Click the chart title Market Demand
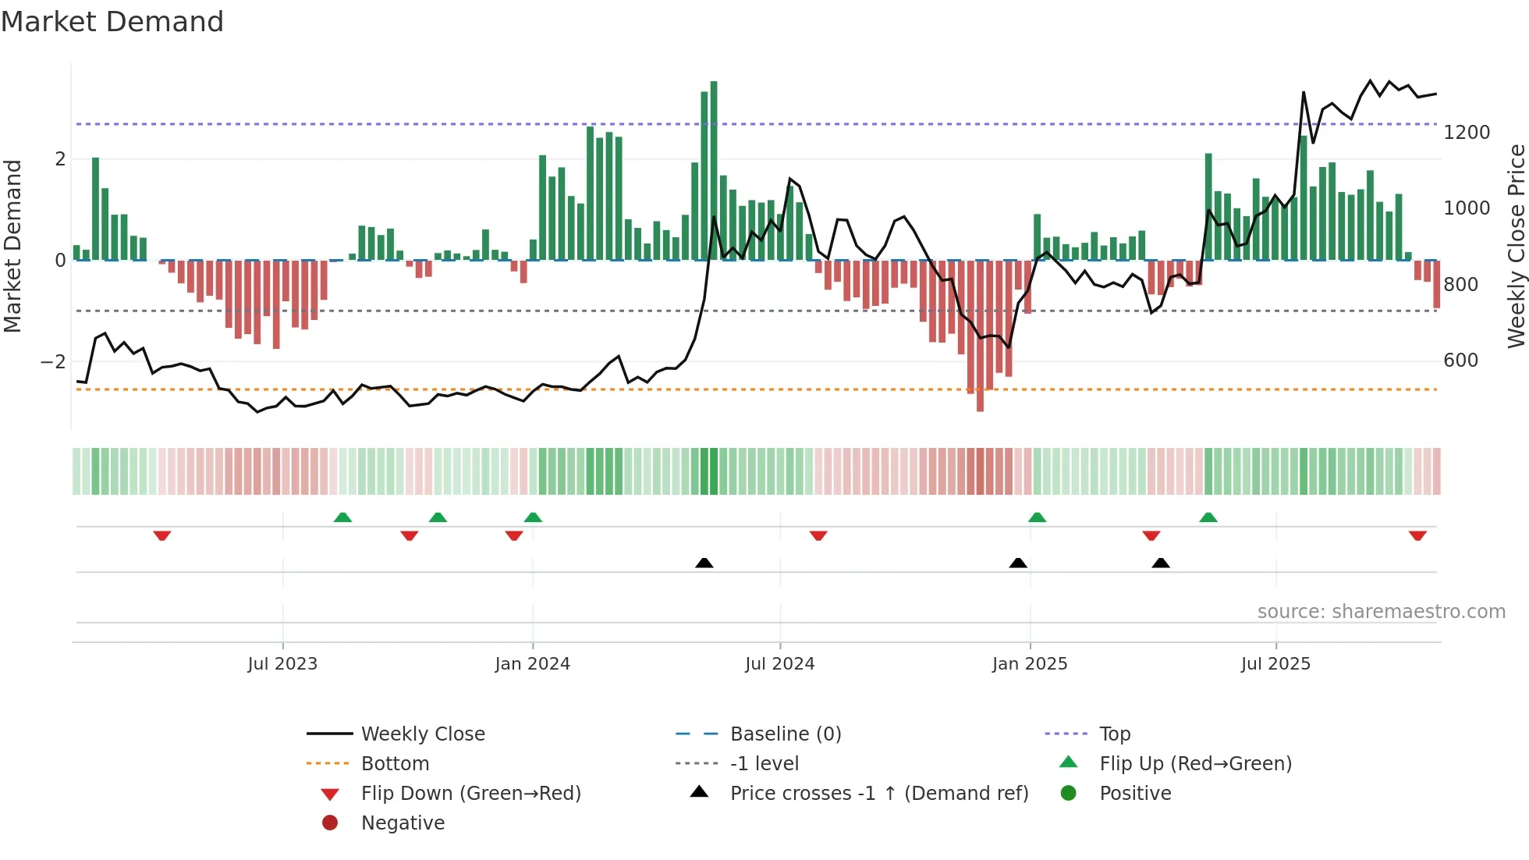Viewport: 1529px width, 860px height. (x=112, y=22)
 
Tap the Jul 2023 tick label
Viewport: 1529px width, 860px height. (x=282, y=664)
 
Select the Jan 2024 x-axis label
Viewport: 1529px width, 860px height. (x=533, y=664)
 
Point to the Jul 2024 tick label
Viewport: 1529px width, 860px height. (x=779, y=664)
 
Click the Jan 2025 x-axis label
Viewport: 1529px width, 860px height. (x=1030, y=664)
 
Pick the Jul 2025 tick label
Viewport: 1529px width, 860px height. (x=1275, y=664)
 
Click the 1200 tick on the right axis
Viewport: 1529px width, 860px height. (x=1467, y=133)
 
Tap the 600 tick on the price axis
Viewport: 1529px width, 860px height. (x=1460, y=361)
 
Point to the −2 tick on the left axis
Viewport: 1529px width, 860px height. (x=53, y=362)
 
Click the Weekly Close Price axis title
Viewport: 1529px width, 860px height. (x=1516, y=246)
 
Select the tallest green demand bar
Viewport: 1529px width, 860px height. (x=714, y=172)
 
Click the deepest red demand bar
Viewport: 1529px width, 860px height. (x=980, y=336)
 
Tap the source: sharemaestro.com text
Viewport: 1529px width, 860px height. (x=1381, y=612)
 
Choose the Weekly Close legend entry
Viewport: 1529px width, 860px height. (x=422, y=734)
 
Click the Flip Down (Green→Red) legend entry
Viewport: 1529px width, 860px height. (x=470, y=794)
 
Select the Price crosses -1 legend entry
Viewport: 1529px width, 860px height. (x=878, y=794)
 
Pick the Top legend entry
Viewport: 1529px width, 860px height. (x=1115, y=734)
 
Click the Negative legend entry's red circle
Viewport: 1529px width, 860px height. (x=330, y=823)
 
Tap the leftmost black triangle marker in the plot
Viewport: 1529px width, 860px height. (x=704, y=563)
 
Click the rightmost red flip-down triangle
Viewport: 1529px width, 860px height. (x=1417, y=535)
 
